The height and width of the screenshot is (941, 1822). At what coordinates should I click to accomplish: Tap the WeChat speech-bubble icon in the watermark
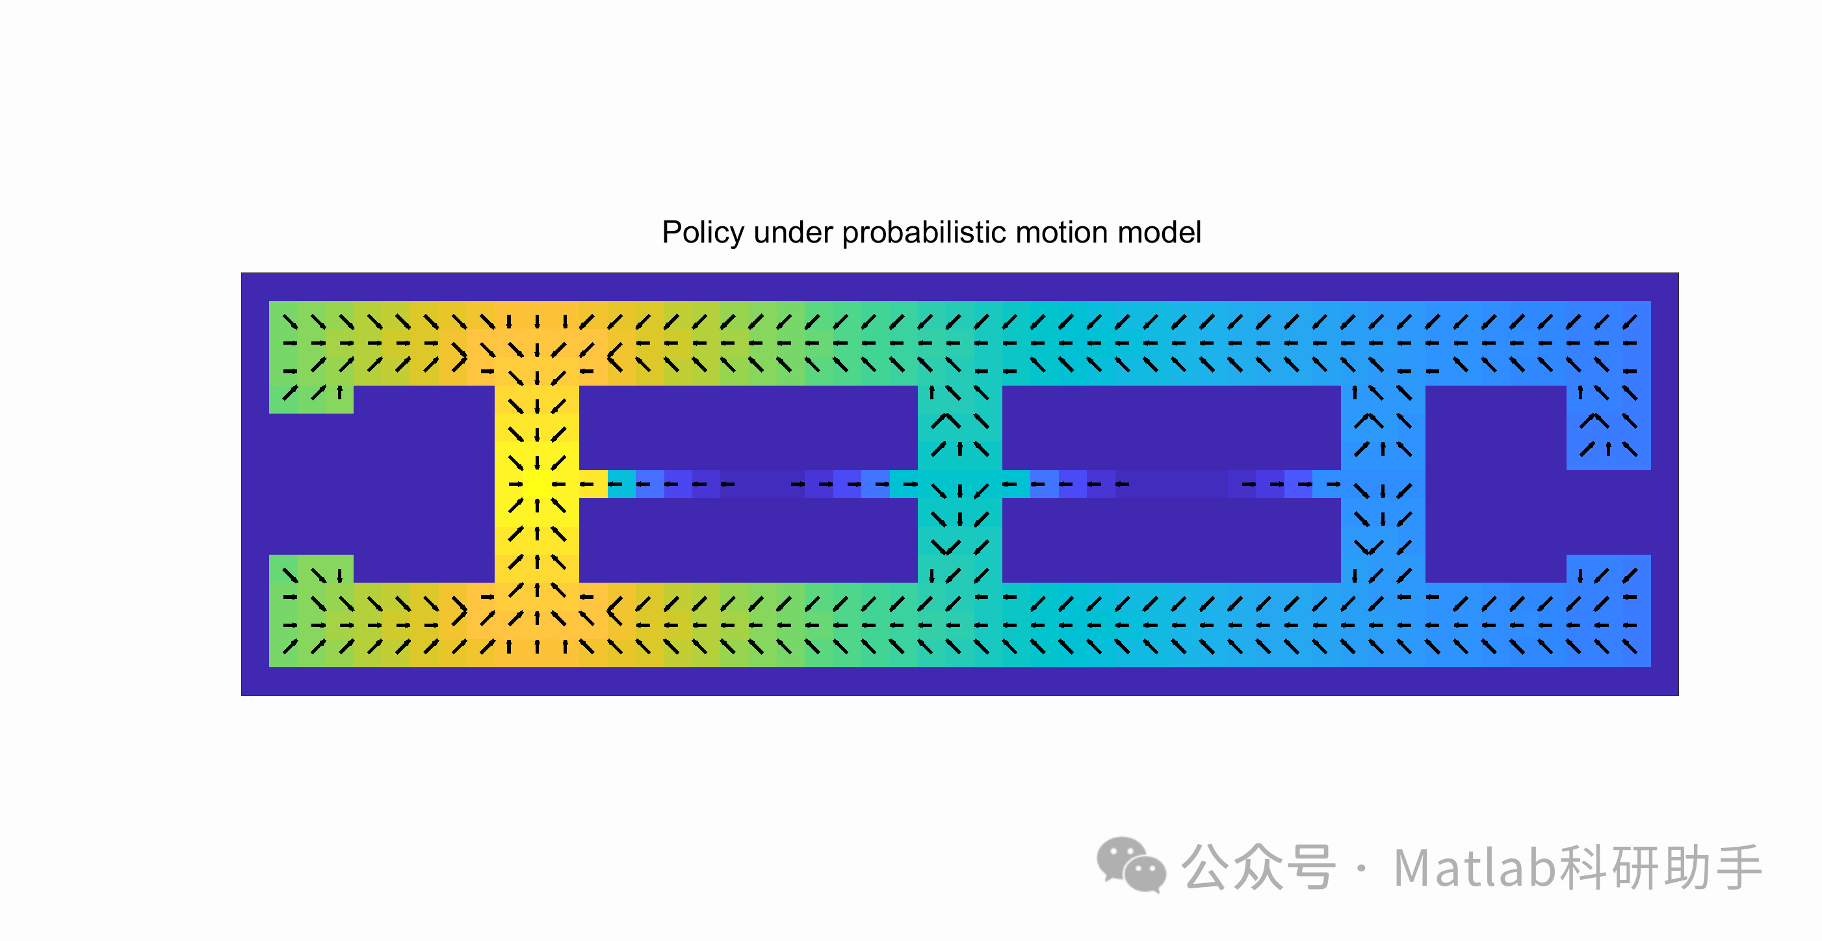pyautogui.click(x=1130, y=864)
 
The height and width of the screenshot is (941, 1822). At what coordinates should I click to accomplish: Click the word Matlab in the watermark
pyautogui.click(x=1474, y=868)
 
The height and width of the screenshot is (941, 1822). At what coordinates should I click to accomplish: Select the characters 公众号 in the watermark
pyautogui.click(x=1258, y=868)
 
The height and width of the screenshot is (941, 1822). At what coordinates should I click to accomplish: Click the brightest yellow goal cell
pyautogui.click(x=537, y=484)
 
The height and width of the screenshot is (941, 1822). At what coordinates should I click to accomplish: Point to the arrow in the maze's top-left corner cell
pyautogui.click(x=290, y=322)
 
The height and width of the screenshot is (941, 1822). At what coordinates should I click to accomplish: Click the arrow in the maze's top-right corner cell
pyautogui.click(x=1630, y=322)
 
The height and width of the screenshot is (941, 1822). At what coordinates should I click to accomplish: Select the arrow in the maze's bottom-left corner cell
pyautogui.click(x=290, y=646)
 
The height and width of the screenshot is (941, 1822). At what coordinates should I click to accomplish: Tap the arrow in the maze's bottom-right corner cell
pyautogui.click(x=1630, y=646)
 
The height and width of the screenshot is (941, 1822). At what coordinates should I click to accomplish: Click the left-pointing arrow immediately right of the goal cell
pyautogui.click(x=559, y=484)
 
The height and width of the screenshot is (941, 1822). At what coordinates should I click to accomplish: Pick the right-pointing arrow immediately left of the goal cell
pyautogui.click(x=515, y=484)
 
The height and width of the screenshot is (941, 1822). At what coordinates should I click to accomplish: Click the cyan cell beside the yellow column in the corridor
pyautogui.click(x=621, y=484)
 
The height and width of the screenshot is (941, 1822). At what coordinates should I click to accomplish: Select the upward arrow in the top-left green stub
pyautogui.click(x=339, y=392)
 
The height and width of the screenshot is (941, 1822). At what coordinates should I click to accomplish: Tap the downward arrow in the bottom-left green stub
pyautogui.click(x=339, y=576)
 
